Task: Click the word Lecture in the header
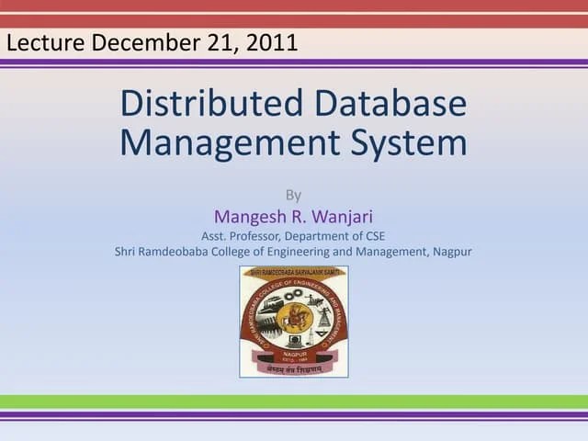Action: [x=46, y=42]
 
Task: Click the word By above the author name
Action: [x=293, y=195]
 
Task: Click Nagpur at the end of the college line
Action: [x=452, y=251]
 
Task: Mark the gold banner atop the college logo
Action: [x=294, y=272]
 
